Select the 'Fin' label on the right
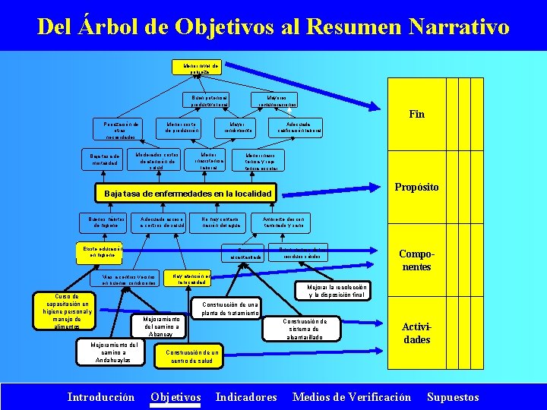[x=416, y=115]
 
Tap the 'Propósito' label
[x=416, y=187]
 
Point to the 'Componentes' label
[x=416, y=260]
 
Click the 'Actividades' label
[x=416, y=333]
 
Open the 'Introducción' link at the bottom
[x=101, y=396]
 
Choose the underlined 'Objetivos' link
[x=176, y=396]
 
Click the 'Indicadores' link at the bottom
[x=246, y=396]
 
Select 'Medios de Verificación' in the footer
[x=351, y=396]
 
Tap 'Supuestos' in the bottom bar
[x=453, y=396]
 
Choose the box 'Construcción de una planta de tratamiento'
[x=230, y=308]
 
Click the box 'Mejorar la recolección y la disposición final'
[x=337, y=292]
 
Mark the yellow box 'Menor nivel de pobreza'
[x=195, y=68]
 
